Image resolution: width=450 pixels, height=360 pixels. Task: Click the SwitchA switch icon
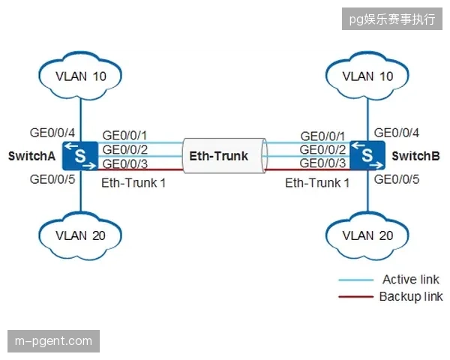click(80, 155)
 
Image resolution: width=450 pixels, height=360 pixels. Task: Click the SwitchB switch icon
click(367, 155)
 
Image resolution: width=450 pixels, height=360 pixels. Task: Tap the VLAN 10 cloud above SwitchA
click(80, 76)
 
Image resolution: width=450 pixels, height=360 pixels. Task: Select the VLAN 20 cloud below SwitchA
click(80, 235)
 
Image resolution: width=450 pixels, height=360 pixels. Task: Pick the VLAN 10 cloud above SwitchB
click(367, 76)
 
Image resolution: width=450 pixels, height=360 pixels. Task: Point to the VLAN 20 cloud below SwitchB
click(367, 235)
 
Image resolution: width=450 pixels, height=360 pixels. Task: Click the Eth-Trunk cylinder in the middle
click(224, 155)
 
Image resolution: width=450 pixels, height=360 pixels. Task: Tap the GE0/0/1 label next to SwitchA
click(124, 135)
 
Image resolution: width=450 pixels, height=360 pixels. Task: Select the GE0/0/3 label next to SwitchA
click(124, 164)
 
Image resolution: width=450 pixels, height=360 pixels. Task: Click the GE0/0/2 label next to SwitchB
click(322, 149)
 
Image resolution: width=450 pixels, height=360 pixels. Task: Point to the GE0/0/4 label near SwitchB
click(397, 133)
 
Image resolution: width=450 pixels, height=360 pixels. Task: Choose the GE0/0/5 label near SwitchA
click(52, 179)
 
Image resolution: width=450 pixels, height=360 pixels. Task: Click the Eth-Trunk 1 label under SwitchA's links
click(133, 183)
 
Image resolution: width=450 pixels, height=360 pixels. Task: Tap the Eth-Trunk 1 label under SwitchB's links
click(317, 183)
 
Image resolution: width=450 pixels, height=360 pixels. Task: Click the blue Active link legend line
click(356, 280)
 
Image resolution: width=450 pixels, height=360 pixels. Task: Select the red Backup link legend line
click(356, 296)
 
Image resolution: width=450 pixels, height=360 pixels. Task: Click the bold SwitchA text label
click(31, 156)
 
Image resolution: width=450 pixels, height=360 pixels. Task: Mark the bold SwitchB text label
click(415, 156)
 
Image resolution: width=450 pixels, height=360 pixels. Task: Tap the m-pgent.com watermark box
click(54, 341)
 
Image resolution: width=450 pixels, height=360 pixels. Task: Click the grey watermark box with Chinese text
click(392, 19)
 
